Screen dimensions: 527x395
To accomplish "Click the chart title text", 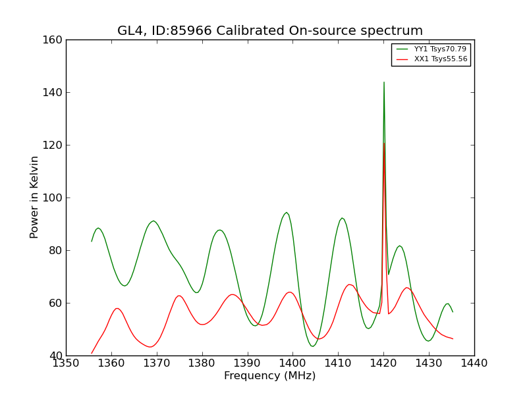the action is [270, 30].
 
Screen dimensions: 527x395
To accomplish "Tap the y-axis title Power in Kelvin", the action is [34, 197].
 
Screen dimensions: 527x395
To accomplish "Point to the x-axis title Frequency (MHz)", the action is [270, 375].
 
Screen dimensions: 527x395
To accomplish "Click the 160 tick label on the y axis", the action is [52, 40].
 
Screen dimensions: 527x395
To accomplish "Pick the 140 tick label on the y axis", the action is [52, 92].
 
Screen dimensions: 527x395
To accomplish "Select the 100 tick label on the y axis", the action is [52, 198].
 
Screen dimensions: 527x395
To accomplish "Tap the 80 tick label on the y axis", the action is [55, 251].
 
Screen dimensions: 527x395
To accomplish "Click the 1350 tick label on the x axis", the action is [66, 363].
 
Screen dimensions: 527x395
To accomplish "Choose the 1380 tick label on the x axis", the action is [202, 363].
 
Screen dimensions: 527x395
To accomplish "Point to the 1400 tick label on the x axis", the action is [292, 363].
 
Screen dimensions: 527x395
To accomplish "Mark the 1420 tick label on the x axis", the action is [383, 363].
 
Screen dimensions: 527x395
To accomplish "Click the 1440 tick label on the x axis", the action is [474, 363].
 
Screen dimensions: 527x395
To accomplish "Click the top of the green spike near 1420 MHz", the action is [384, 82].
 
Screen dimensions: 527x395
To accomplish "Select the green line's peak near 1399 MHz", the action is [287, 212].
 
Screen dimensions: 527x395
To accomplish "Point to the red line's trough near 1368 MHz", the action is [150, 347].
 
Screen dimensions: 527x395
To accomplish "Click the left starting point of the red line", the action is [92, 354].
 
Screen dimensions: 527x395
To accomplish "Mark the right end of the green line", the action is [453, 312].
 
